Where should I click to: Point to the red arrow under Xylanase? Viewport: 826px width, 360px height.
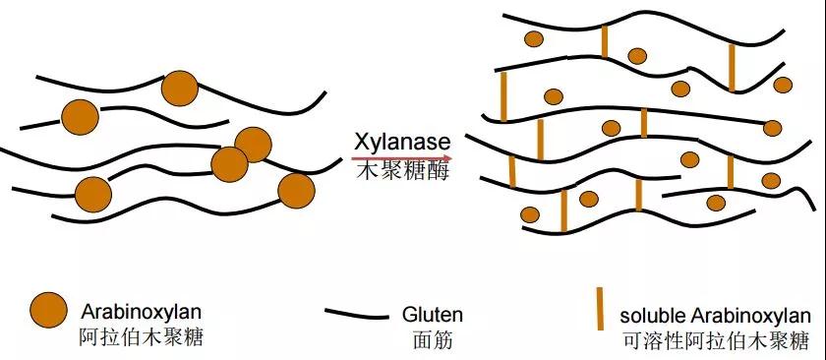[x=402, y=156]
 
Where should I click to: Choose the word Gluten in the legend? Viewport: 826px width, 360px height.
[x=432, y=316]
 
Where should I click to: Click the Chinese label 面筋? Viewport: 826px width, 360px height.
[x=424, y=341]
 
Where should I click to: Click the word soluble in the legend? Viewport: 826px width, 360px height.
[x=649, y=317]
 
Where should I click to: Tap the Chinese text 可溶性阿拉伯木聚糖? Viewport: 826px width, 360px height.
[x=715, y=341]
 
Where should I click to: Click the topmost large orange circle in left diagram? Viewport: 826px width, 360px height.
[x=179, y=88]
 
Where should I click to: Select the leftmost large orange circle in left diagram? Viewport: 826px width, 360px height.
[x=81, y=118]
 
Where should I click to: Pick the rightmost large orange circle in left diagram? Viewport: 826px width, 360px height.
[x=296, y=189]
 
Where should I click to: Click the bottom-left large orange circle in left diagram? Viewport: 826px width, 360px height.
[x=93, y=194]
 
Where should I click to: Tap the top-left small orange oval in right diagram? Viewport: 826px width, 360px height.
[x=534, y=39]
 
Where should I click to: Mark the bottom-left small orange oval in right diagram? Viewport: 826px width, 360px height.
[x=530, y=214]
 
